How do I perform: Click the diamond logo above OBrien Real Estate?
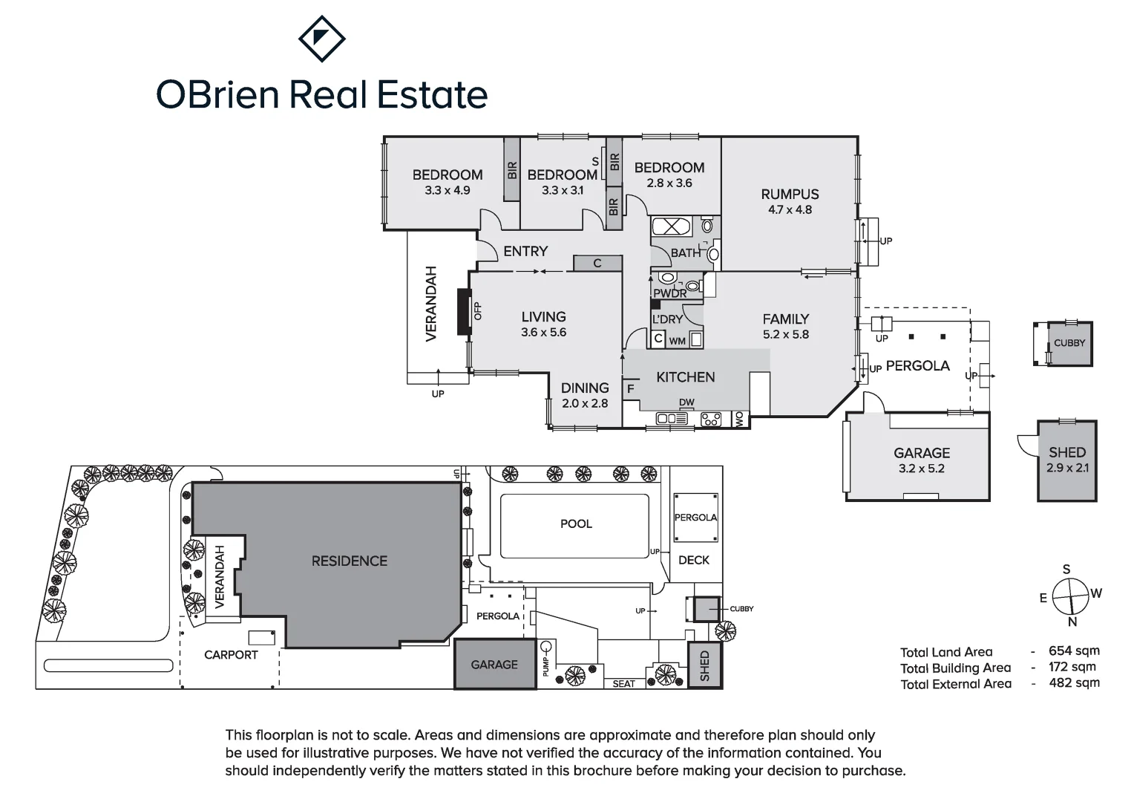pos(321,39)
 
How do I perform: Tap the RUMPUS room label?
pos(790,195)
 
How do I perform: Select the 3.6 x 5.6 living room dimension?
pos(543,333)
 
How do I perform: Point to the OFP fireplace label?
pos(478,311)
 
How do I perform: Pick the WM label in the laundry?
pos(677,342)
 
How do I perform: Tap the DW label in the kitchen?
pos(686,402)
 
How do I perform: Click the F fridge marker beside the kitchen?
pos(631,389)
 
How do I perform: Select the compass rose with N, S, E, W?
pos(1069,596)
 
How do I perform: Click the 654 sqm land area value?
pos(1074,651)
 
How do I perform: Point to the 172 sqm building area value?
pos(1072,667)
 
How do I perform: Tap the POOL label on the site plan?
pos(576,524)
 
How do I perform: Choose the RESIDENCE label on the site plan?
pos(349,561)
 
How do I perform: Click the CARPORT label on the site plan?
pos(231,655)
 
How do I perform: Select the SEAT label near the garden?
pos(623,684)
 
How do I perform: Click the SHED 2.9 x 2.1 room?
pos(1066,460)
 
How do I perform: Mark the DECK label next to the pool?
pos(694,561)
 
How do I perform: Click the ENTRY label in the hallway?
pos(525,252)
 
